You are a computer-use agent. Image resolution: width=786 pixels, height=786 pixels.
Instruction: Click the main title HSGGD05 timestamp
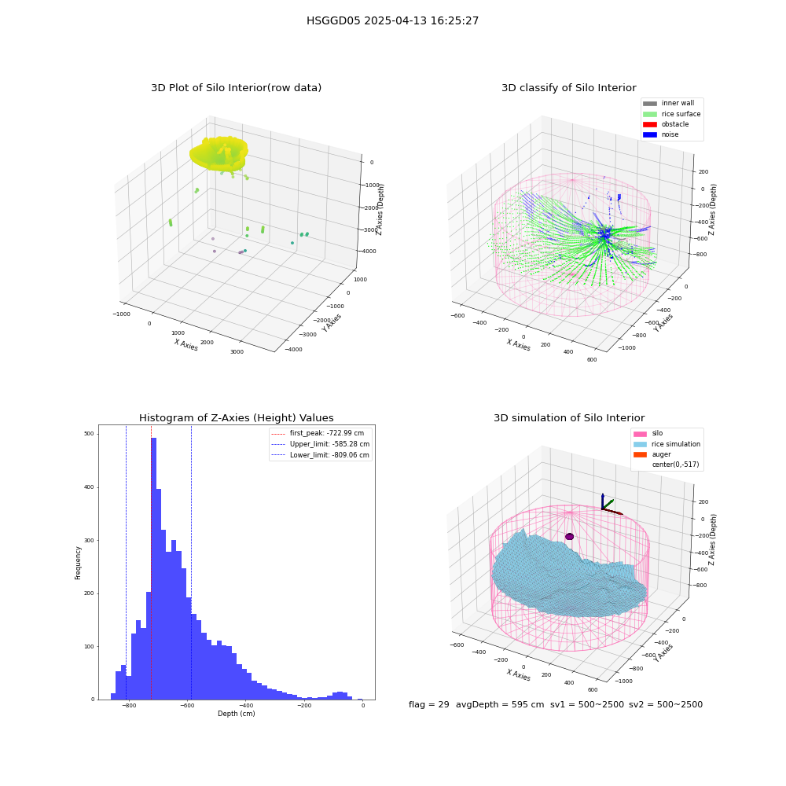point(392,20)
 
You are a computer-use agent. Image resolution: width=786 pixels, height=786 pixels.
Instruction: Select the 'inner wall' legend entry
point(669,103)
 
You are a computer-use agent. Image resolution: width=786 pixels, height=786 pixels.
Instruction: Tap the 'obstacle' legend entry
point(666,124)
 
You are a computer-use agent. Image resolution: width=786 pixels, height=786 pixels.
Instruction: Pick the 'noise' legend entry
point(661,134)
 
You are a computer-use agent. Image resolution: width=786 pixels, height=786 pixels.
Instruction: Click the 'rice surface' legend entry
point(672,114)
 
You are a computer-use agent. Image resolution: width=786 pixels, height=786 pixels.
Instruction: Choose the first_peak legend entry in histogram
point(318,433)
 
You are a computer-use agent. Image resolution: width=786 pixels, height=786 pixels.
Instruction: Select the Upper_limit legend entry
point(321,444)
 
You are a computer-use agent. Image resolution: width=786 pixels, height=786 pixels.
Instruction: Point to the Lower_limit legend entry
point(321,455)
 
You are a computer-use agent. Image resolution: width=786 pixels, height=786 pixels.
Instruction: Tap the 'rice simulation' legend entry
point(667,444)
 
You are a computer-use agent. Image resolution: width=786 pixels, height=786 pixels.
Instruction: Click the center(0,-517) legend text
point(675,465)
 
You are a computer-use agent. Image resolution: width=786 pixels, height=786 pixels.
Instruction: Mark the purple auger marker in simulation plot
point(569,536)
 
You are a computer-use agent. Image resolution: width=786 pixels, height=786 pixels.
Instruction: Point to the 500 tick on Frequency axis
point(89,434)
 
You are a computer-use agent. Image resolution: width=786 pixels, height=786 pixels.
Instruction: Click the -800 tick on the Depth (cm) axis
point(129,705)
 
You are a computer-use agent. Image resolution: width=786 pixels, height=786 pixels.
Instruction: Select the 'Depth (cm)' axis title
point(237,714)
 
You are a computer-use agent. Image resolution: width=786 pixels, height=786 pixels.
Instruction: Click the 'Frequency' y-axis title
point(78,563)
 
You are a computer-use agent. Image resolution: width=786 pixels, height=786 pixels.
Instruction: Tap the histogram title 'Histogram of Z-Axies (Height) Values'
point(236,417)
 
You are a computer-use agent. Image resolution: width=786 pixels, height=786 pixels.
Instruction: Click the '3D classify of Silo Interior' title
point(569,88)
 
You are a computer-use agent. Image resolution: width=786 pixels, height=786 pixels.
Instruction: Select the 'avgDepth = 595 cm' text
point(500,704)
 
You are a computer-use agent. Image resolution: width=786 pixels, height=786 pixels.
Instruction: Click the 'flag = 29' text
point(428,704)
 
